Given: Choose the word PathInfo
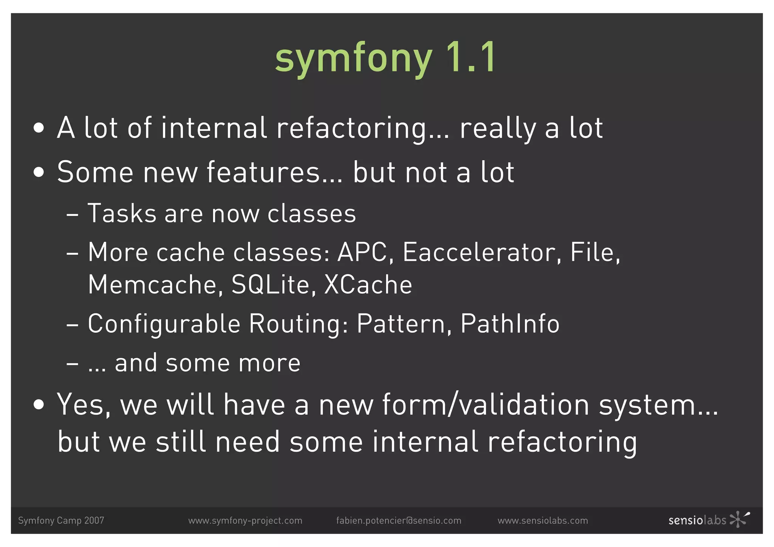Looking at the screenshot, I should coord(510,324).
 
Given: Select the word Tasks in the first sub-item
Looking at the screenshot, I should coord(122,214).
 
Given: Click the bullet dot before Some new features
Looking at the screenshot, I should coord(39,173).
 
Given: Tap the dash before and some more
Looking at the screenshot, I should coord(72,364).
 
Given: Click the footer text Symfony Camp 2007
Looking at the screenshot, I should coord(61,521).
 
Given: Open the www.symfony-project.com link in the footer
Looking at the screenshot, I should coord(245,521).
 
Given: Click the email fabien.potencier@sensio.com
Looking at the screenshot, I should coord(398,521).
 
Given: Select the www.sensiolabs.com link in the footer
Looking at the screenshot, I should coord(543,521).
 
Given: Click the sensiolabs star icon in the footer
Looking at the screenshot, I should coord(739,519).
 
